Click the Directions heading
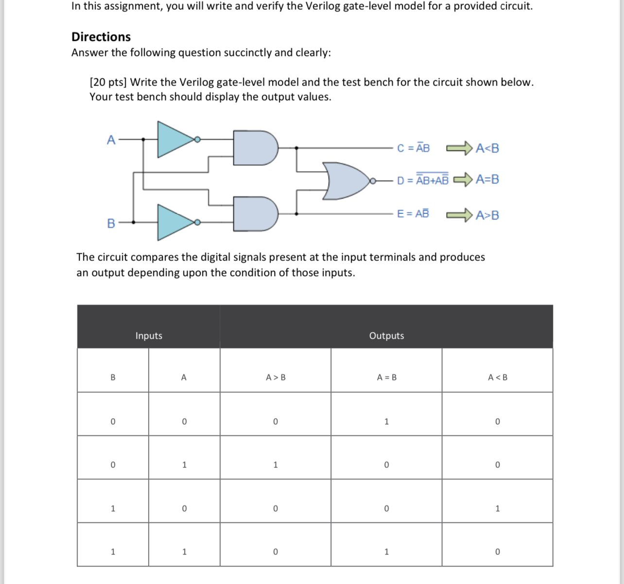[x=101, y=37]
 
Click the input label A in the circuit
[x=111, y=140]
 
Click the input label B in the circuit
[x=111, y=223]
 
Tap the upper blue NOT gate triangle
[x=174, y=139]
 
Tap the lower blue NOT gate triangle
[x=174, y=223]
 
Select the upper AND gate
[x=255, y=147]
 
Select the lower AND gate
[x=255, y=213]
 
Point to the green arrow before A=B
[x=463, y=180]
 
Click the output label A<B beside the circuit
[x=487, y=148]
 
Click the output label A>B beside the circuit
[x=487, y=215]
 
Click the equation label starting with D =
[x=422, y=180]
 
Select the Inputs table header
[x=149, y=336]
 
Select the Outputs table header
[x=386, y=336]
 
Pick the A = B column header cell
[x=386, y=378]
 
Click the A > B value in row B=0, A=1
[x=276, y=465]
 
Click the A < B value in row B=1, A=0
[x=497, y=509]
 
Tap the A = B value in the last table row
[x=386, y=552]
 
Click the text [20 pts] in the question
[x=108, y=82]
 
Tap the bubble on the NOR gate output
[x=373, y=181]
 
